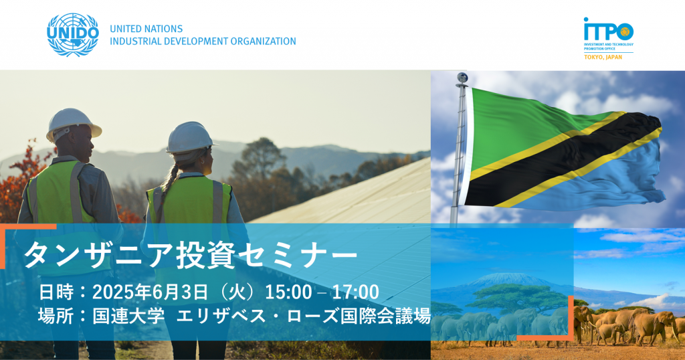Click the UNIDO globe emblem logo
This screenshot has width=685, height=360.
(73, 35)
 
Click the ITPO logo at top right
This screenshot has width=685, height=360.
(609, 38)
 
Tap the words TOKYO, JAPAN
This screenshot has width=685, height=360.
(603, 58)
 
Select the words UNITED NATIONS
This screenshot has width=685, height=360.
(146, 29)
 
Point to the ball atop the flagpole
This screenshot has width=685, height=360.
(462, 78)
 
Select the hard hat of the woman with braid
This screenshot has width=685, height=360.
(190, 137)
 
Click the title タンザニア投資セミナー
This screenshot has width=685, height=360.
(191, 255)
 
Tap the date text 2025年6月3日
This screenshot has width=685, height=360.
(150, 292)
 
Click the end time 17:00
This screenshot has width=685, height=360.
(355, 292)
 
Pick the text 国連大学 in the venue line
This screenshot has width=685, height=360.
(128, 316)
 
